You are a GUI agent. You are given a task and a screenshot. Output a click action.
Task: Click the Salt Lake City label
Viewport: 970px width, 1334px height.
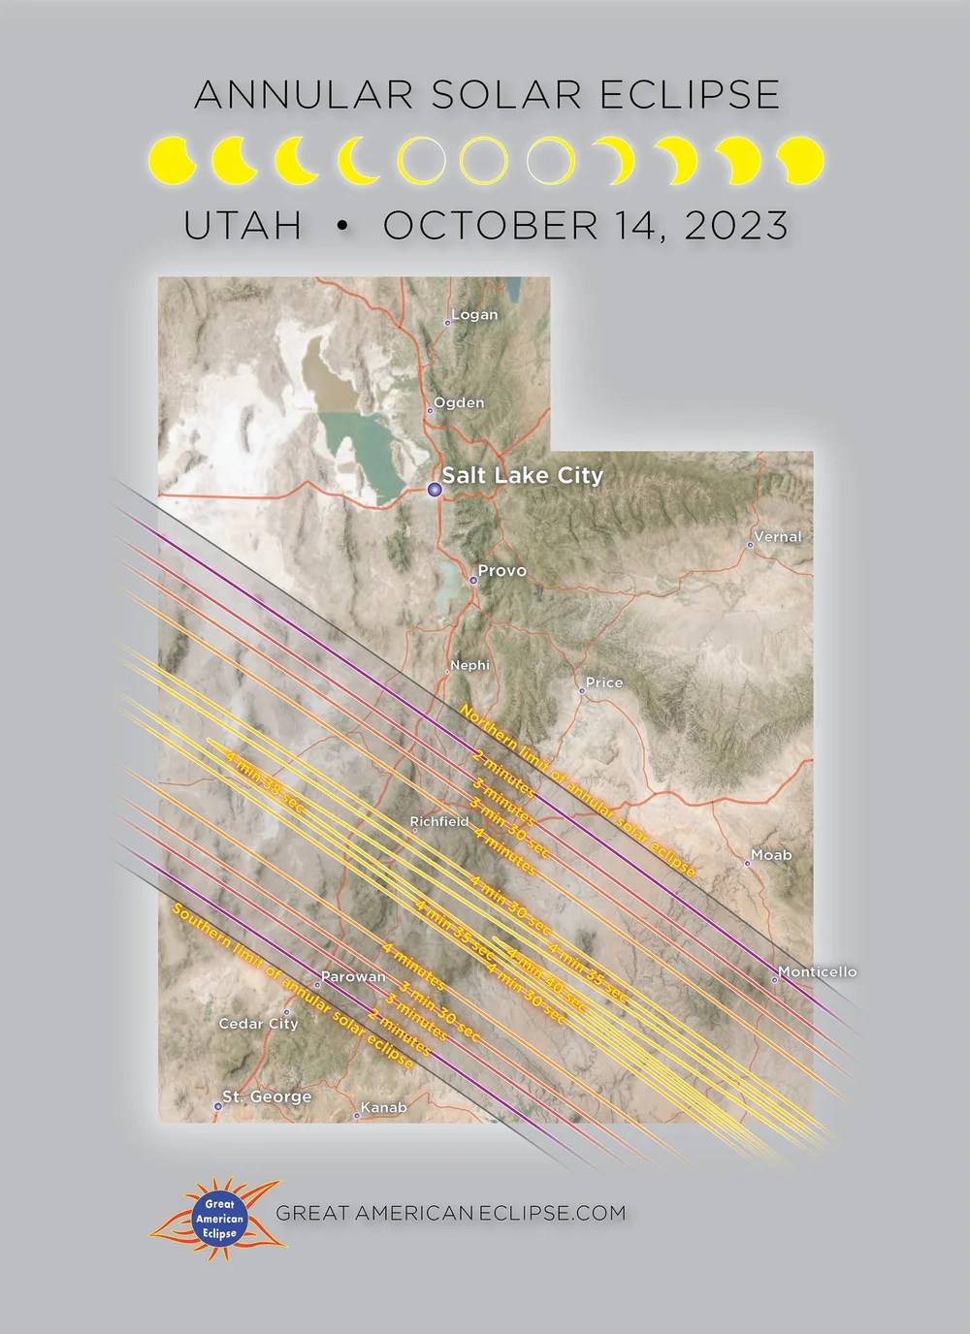[x=522, y=475]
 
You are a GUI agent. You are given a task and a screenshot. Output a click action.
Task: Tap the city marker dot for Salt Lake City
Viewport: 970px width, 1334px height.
[x=435, y=490]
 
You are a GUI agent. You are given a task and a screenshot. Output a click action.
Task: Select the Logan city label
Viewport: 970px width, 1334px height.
[x=474, y=315]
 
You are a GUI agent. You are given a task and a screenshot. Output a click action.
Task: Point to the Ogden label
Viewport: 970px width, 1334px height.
[x=459, y=402]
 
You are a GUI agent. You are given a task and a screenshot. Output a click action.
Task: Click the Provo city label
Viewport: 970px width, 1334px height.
[x=501, y=571]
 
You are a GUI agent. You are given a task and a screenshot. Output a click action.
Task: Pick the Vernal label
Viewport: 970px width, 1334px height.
[x=778, y=537]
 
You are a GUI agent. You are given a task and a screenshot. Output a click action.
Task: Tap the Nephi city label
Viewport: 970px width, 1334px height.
[x=470, y=665]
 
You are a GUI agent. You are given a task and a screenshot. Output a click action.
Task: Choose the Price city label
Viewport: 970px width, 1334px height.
[x=604, y=683]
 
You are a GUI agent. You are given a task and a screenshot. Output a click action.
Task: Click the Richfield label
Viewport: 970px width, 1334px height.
[x=439, y=821]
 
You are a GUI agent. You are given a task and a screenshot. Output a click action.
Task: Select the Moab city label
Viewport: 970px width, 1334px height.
[x=771, y=855]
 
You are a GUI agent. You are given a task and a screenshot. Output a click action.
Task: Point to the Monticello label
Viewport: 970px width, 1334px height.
[x=818, y=971]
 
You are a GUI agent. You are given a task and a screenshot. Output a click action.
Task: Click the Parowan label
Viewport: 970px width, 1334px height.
[x=353, y=977]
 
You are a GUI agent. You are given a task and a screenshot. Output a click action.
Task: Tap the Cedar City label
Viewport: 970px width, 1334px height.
[x=258, y=1024]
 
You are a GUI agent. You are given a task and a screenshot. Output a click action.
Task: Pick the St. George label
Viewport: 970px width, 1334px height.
[x=267, y=1096]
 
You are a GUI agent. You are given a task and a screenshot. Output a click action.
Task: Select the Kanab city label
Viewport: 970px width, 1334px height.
[x=384, y=1107]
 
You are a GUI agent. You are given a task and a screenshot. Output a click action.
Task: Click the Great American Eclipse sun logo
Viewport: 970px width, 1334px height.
[x=215, y=1220]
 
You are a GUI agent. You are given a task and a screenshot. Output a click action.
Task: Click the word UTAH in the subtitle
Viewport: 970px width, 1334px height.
[x=242, y=226]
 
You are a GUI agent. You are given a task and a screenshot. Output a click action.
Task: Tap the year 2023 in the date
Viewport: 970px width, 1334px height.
[x=736, y=226]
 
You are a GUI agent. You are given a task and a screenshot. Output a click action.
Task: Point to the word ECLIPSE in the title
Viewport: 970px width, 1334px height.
[x=690, y=95]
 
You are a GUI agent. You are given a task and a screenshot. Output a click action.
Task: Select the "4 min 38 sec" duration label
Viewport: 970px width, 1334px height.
[x=264, y=780]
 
